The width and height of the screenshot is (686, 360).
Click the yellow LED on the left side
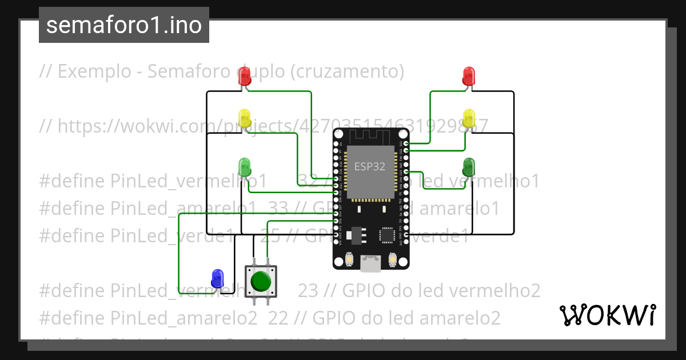[x=245, y=119]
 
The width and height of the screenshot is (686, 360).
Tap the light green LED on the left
[x=245, y=167]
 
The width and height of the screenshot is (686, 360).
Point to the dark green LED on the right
[x=469, y=167]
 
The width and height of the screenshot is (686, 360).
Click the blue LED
[x=217, y=278]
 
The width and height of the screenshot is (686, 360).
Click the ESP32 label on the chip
[x=369, y=167]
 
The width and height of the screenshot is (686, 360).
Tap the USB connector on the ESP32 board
[x=370, y=263]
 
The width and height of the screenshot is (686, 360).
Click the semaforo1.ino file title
[x=124, y=25]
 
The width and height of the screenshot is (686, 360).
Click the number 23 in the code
[x=308, y=290]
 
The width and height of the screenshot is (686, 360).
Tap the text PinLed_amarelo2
[x=184, y=318]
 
